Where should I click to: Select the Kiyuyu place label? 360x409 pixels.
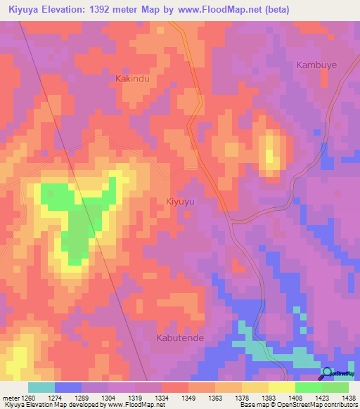coord(180,201)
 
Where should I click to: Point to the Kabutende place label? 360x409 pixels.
coord(179,337)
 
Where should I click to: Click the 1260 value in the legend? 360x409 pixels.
coord(27,397)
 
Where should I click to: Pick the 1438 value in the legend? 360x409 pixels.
coord(349,397)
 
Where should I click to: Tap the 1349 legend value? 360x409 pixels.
coord(188,397)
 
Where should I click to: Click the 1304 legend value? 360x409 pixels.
coord(108,397)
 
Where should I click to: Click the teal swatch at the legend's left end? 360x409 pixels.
coord(41,387)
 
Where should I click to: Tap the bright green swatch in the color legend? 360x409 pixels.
coord(308,387)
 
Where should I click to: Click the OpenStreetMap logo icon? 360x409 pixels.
coord(327,373)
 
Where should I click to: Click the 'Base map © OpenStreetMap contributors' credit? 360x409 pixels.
coord(298,405)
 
